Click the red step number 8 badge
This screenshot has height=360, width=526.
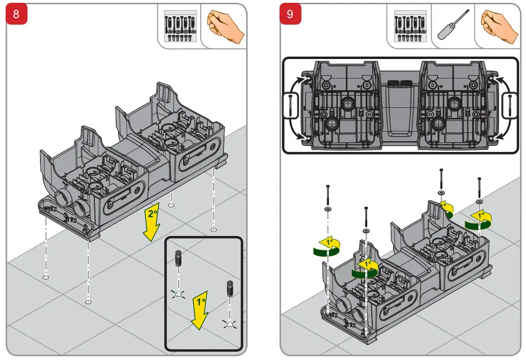click(x=16, y=14)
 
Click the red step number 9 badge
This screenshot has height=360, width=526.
click(x=290, y=14)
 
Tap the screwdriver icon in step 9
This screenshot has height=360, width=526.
click(x=452, y=26)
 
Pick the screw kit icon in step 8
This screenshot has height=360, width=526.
click(x=179, y=26)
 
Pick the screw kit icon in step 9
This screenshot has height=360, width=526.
click(x=409, y=26)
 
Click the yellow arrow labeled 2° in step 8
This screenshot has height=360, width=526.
click(x=151, y=222)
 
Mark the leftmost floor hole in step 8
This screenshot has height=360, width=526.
click(x=46, y=277)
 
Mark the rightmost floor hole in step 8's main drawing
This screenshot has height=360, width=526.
click(x=213, y=229)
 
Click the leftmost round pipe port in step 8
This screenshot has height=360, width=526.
click(x=61, y=199)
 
